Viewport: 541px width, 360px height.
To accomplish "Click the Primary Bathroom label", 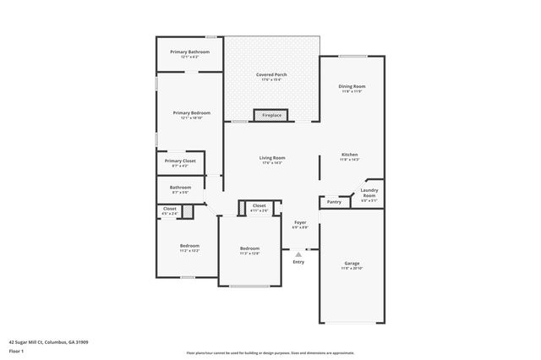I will tap(189, 52).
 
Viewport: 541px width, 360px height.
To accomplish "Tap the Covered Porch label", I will tap(271, 74).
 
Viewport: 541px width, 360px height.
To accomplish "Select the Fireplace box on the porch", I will tap(271, 115).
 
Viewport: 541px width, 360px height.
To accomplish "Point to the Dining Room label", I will tap(352, 86).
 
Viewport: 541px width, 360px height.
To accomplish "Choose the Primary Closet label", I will tap(180, 161).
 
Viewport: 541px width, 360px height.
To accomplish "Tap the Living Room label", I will tap(271, 157).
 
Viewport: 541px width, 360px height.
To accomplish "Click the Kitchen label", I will tap(350, 155).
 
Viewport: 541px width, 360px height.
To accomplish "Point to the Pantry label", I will tap(334, 202).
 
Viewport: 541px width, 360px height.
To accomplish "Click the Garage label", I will tap(352, 263).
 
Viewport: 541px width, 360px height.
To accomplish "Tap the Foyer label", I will tap(300, 222).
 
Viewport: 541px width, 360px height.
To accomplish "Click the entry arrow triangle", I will tap(298, 253).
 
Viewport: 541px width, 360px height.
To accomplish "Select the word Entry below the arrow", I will tap(298, 262).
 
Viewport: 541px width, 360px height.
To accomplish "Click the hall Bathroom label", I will tap(180, 187).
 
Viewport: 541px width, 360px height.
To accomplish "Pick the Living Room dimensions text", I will tap(271, 162).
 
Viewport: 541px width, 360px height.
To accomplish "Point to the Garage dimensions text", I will tap(352, 269).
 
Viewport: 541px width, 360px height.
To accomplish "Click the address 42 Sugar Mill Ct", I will tap(48, 342).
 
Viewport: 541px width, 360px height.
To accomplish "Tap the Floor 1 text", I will tap(16, 351).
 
